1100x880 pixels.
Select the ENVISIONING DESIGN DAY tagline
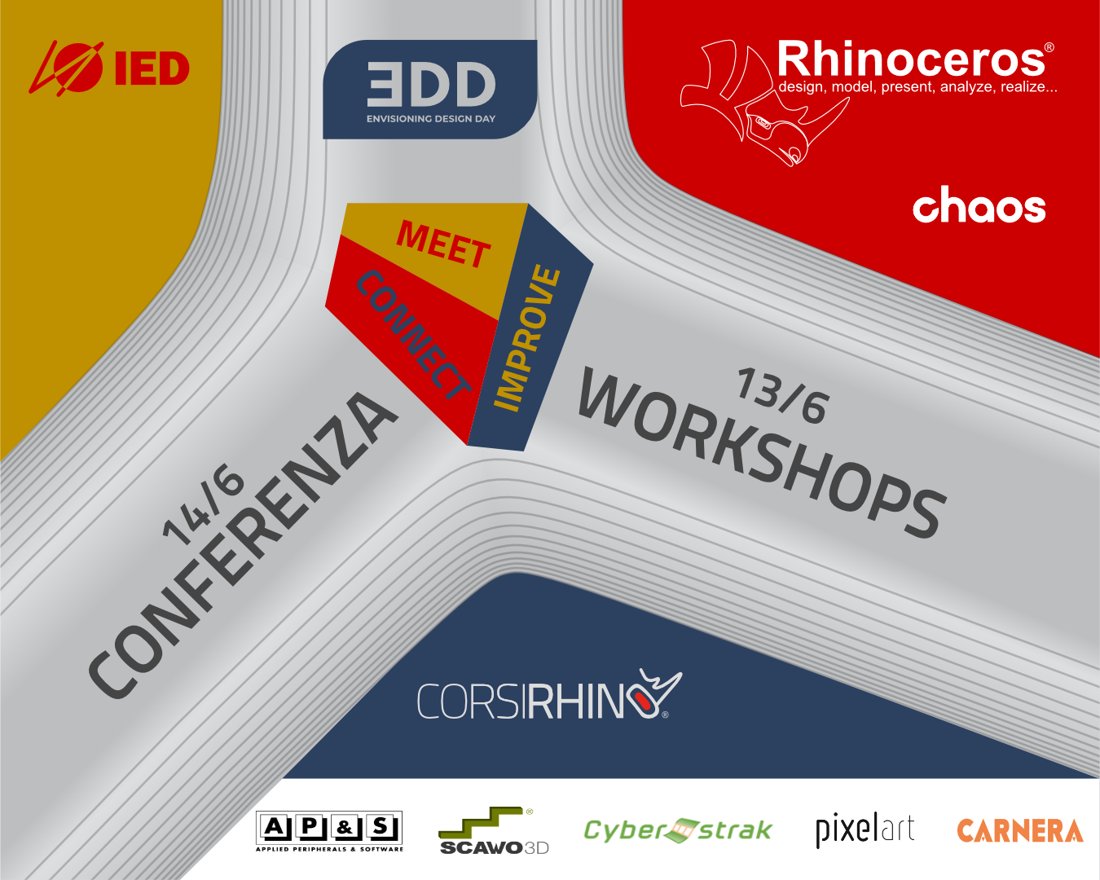tap(431, 119)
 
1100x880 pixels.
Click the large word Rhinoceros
tap(911, 59)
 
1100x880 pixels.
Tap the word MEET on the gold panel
tap(443, 244)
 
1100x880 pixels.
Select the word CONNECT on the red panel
tap(413, 335)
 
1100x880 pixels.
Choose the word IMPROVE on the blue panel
tap(526, 338)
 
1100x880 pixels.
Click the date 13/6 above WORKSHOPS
tap(781, 396)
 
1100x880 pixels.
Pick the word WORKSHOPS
tap(762, 452)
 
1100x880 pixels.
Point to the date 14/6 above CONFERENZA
tap(203, 506)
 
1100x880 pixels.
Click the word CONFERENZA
tap(244, 545)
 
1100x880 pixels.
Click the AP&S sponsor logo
tap(329, 831)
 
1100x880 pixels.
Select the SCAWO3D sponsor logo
tap(494, 831)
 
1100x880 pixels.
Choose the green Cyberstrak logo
tap(678, 830)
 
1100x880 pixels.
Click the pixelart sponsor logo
tap(865, 829)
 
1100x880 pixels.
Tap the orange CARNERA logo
tap(1020, 830)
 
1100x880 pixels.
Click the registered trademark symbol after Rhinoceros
tap(1049, 47)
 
